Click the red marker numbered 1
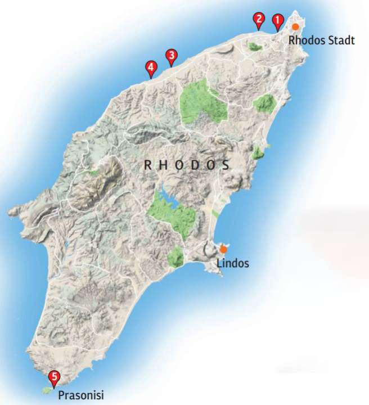click(277, 21)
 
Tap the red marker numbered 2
click(258, 20)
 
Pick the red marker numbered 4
click(150, 68)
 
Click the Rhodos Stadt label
click(321, 40)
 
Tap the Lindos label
click(232, 263)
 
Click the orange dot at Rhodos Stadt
click(295, 26)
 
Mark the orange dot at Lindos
click(223, 249)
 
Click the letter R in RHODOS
click(148, 165)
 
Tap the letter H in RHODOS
click(164, 165)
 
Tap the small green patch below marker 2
click(255, 46)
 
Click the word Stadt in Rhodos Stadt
click(342, 40)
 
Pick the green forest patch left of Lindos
click(175, 256)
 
